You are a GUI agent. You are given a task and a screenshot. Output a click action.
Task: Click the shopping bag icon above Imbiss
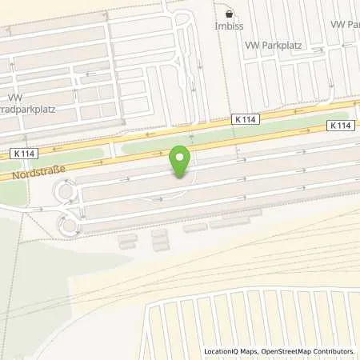click(230, 14)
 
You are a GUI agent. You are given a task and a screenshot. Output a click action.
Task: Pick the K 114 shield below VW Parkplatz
click(247, 118)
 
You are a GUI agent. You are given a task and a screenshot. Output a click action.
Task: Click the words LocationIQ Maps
click(230, 351)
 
